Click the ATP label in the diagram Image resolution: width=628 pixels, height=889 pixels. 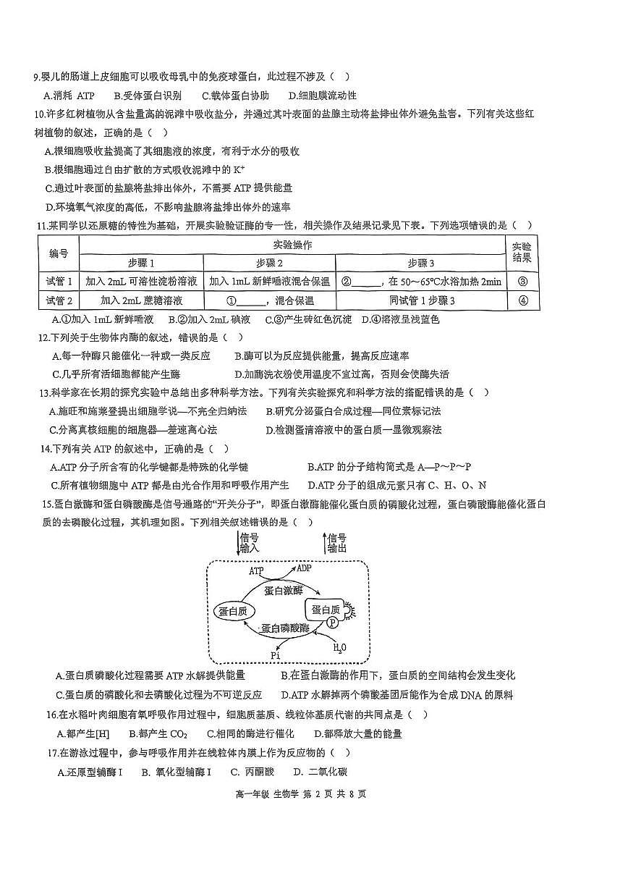257,571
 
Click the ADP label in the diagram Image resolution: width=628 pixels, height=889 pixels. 304,568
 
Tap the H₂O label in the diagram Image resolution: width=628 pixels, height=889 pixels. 339,646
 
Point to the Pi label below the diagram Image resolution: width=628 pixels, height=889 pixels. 276,655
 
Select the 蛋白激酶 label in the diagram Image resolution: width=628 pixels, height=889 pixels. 284,590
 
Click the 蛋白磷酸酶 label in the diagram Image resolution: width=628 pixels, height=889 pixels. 284,628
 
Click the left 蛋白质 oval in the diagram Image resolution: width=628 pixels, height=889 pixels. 232,611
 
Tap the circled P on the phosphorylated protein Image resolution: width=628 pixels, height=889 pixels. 332,622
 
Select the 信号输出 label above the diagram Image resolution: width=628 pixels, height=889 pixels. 336,543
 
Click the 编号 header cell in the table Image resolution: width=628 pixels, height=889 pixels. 59,253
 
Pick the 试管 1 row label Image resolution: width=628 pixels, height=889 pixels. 59,281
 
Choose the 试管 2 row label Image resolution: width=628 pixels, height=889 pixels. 59,300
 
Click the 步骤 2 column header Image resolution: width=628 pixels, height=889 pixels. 269,263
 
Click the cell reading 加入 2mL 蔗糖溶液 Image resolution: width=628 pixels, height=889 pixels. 141,300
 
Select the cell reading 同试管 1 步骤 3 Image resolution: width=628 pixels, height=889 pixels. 422,300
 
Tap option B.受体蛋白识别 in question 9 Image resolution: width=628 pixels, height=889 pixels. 148,96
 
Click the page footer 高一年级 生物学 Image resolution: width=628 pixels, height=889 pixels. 261,794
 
